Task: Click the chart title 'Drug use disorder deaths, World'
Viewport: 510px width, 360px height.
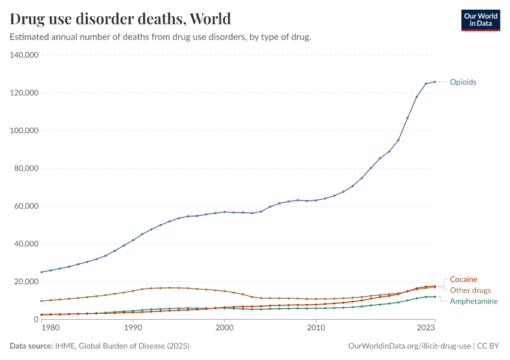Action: (120, 19)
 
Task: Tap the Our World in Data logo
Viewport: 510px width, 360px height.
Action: (480, 20)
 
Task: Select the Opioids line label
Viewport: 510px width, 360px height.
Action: (463, 82)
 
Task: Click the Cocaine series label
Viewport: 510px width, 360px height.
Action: (464, 280)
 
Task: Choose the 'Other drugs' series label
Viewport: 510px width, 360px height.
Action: (470, 290)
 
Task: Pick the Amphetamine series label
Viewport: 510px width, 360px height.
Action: (473, 301)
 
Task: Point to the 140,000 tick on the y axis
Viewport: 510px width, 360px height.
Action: (25, 55)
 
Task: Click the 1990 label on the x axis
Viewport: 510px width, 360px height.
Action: (133, 328)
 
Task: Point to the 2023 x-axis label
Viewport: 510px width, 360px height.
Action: (425, 328)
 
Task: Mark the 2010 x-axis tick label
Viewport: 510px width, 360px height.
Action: (316, 328)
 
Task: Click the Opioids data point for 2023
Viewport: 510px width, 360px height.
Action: (435, 82)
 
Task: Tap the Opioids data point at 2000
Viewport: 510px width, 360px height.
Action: (224, 212)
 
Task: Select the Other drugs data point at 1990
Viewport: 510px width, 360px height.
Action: (133, 291)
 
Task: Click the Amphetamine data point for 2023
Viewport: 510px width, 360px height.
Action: (435, 296)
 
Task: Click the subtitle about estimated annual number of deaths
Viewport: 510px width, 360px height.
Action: (160, 37)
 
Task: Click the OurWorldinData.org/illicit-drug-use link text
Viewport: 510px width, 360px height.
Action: (410, 346)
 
